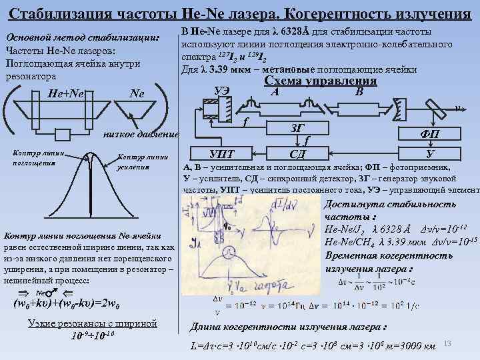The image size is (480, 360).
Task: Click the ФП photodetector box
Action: tap(430, 133)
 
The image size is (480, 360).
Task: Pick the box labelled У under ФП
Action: tap(430, 153)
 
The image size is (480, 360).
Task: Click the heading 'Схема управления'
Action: tap(321, 81)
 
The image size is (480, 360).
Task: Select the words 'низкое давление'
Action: tap(141, 134)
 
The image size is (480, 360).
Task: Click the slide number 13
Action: tap(448, 343)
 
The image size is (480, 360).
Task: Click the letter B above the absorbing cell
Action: tap(359, 91)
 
